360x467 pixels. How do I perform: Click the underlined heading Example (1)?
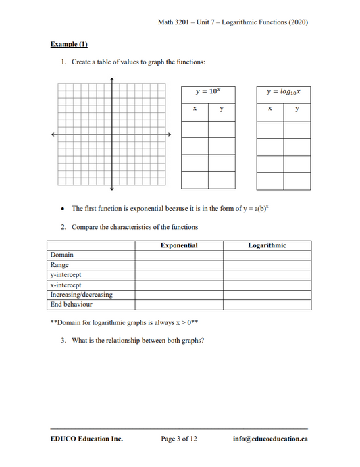(69, 45)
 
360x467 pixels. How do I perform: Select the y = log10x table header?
(283, 92)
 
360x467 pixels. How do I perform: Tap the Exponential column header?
(179, 245)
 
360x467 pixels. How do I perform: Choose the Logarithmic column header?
(267, 245)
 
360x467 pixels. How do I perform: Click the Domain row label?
(62, 255)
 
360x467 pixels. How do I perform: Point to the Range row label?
(59, 265)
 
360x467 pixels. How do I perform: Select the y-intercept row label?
(66, 275)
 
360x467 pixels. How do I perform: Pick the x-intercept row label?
(66, 285)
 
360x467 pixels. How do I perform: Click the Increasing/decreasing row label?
(81, 295)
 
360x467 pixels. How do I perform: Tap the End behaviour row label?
(71, 304)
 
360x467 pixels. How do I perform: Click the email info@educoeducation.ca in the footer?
(270, 439)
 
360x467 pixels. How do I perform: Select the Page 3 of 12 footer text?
(179, 439)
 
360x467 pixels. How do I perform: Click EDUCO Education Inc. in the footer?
(86, 439)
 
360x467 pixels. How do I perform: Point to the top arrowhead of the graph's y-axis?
(111, 80)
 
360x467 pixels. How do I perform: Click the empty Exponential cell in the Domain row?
(179, 255)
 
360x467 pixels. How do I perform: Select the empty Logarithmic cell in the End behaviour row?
(267, 304)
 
